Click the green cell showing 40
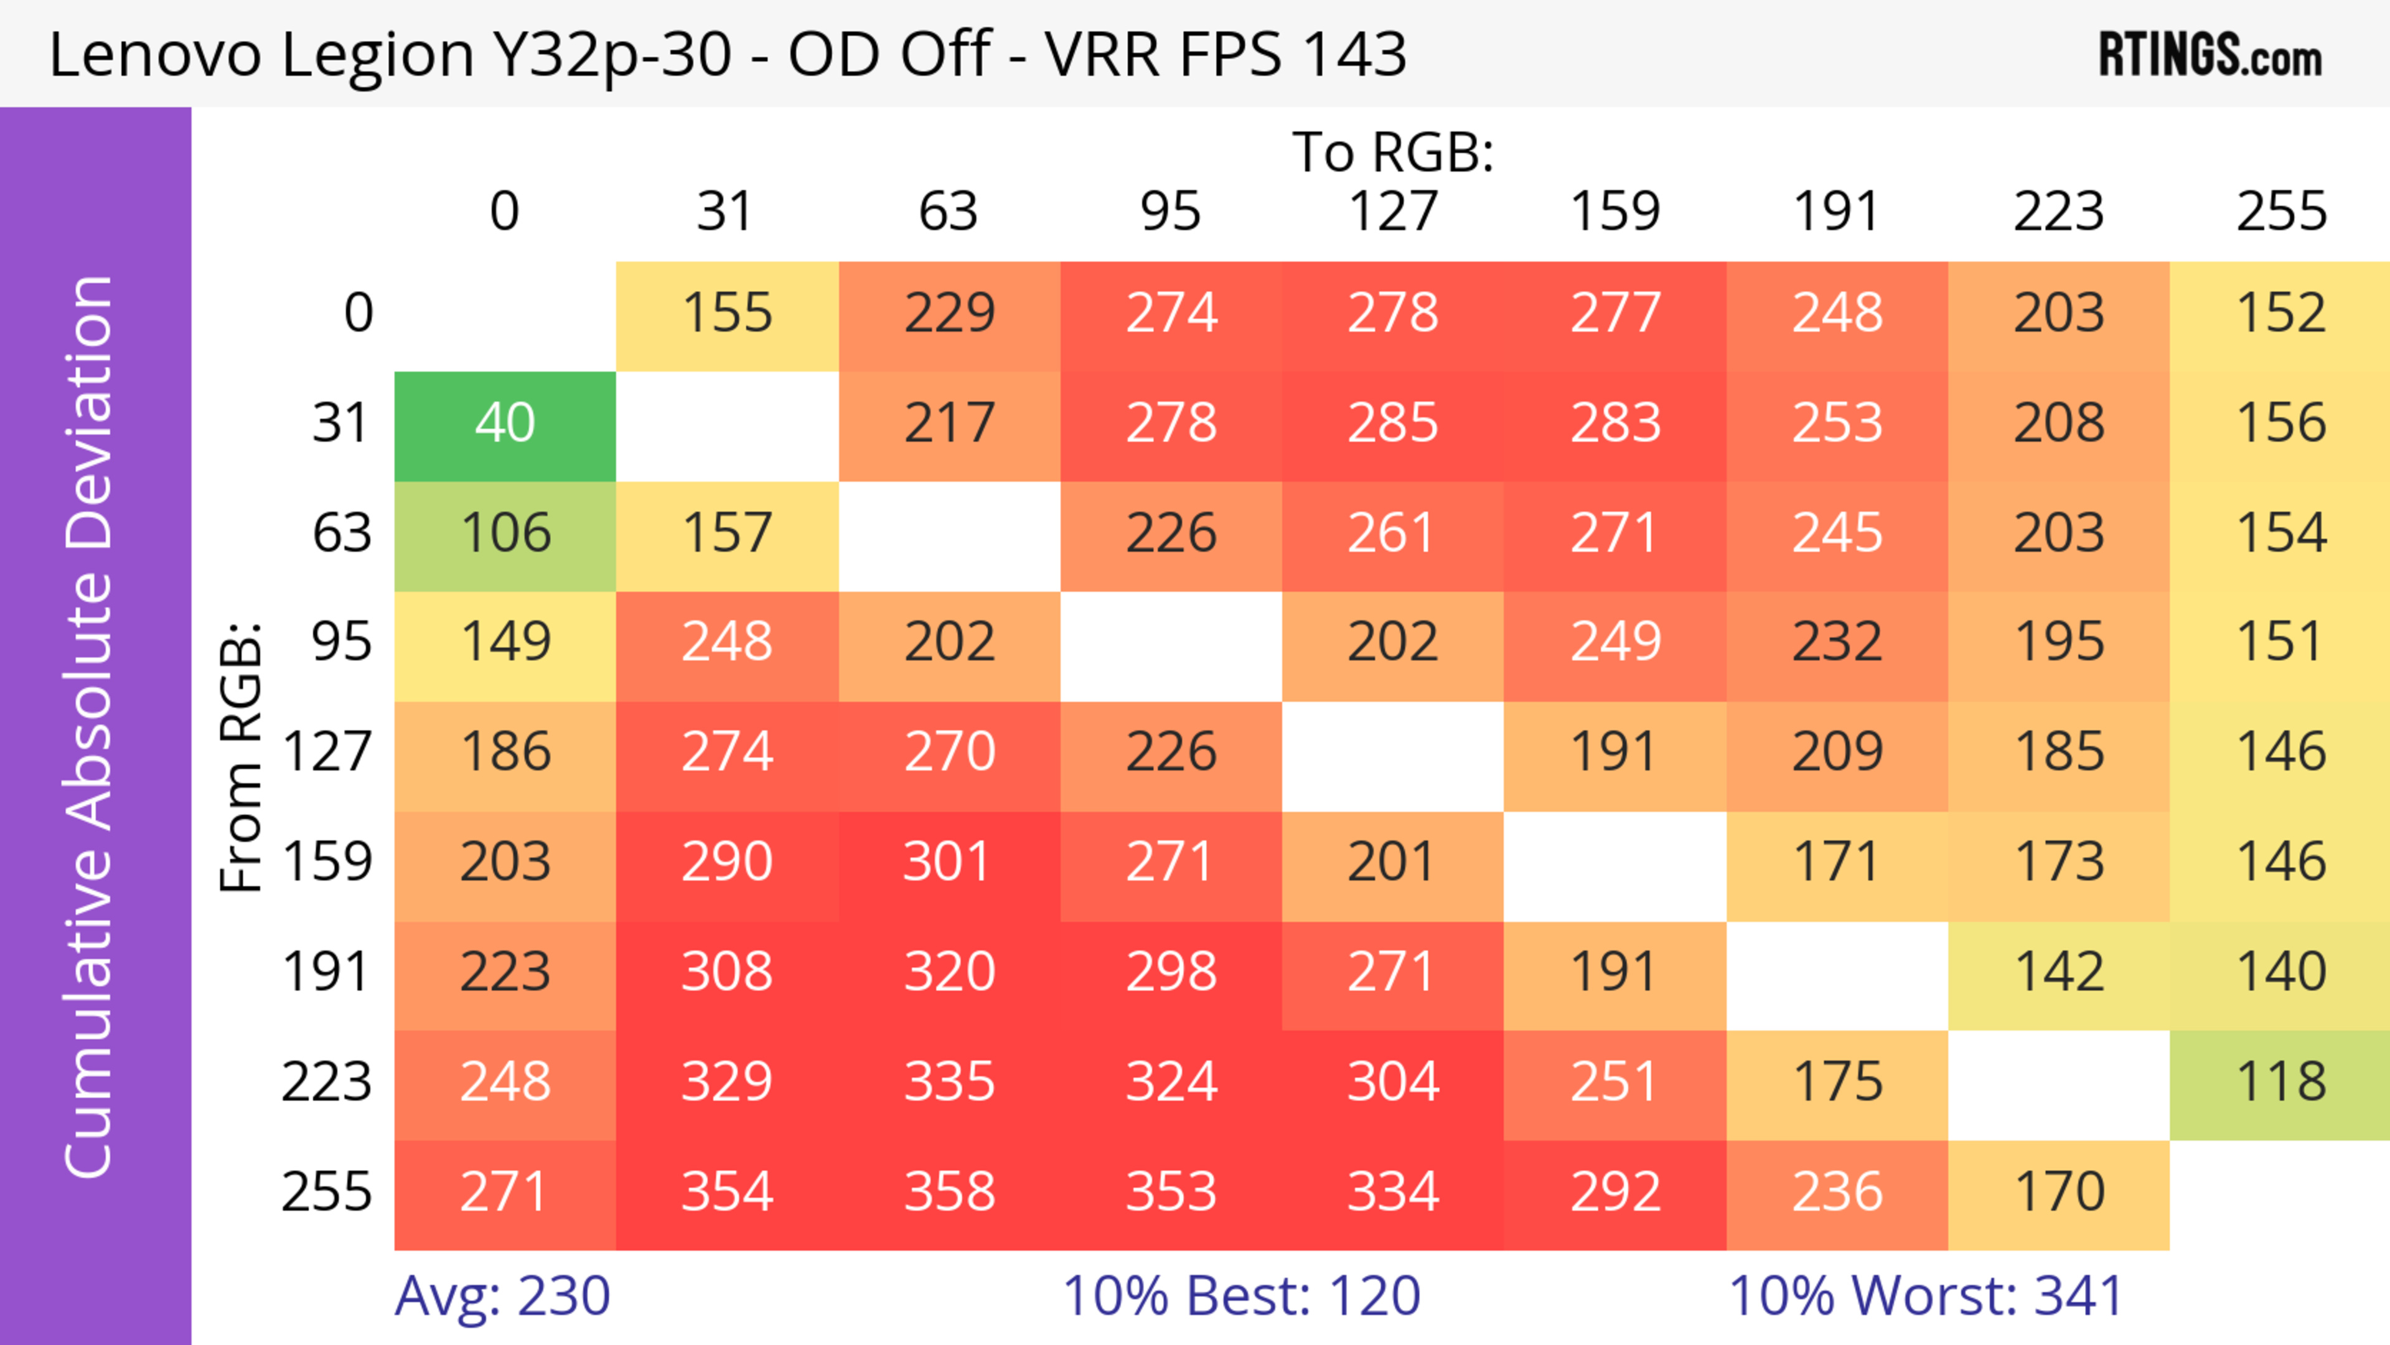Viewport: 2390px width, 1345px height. [505, 424]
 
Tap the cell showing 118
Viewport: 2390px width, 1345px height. [2280, 1082]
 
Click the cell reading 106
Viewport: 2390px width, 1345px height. [505, 534]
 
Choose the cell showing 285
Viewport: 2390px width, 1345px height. [1393, 424]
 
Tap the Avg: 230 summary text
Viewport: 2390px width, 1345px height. [502, 1296]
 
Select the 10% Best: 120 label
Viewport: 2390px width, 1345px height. [1242, 1296]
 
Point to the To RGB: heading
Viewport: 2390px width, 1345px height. [1393, 152]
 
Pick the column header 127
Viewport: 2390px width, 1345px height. [1393, 212]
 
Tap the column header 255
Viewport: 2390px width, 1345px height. [2280, 212]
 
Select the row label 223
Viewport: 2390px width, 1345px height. [327, 1082]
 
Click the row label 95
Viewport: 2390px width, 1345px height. [342, 642]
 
